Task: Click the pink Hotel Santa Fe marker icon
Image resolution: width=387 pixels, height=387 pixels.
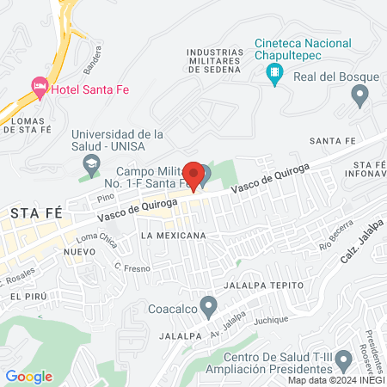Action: coord(39,86)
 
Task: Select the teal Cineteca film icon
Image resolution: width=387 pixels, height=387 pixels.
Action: coord(275,73)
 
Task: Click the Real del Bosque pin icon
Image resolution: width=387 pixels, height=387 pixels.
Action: coord(360,92)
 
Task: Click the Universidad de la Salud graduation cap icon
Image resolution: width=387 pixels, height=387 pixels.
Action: coord(90,163)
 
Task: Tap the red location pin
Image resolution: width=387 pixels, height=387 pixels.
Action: coord(193,175)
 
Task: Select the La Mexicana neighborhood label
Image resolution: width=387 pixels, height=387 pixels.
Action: coord(175,235)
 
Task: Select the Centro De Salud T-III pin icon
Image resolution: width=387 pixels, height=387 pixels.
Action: coord(344,359)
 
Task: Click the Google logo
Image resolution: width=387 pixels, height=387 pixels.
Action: coord(28,376)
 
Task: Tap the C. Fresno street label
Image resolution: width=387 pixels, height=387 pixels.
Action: coord(132,268)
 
